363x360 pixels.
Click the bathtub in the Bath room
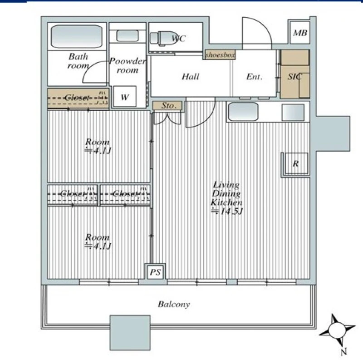pyautogui.click(x=77, y=37)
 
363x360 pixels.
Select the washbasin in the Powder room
pyautogui.click(x=128, y=36)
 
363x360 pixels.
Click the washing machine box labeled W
pyautogui.click(x=125, y=96)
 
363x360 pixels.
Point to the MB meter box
pyautogui.click(x=300, y=33)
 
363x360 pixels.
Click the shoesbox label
pyautogui.click(x=220, y=55)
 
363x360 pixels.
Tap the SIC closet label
pyautogui.click(x=294, y=76)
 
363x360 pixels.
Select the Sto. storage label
pyautogui.click(x=169, y=106)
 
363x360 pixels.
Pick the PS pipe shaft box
pyautogui.click(x=155, y=272)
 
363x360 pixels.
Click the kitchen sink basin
pyautogui.click(x=243, y=112)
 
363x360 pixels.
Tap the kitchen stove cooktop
pyautogui.click(x=293, y=112)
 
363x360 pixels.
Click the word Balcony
pyautogui.click(x=174, y=304)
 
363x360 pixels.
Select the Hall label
pyautogui.click(x=190, y=76)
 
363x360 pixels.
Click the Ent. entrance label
pyautogui.click(x=255, y=76)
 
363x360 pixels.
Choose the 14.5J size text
pyautogui.click(x=227, y=211)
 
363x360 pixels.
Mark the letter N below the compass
pyautogui.click(x=344, y=352)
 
